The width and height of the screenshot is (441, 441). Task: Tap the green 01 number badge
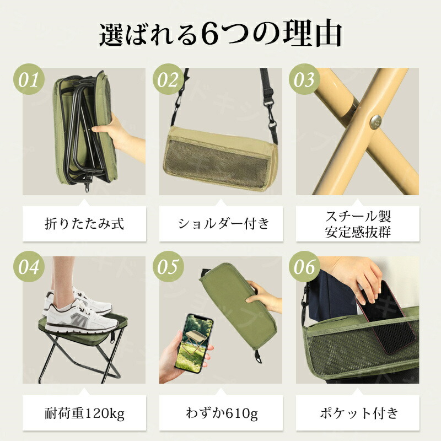pos(29,79)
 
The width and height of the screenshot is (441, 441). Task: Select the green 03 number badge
pos(305,79)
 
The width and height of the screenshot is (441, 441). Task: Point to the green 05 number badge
pos(168,266)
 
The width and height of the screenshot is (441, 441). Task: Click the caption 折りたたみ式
pos(84,224)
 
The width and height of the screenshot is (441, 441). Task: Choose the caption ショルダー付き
pos(224,224)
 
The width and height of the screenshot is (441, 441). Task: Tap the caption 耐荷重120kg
pos(84,413)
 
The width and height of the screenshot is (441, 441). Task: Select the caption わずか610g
pos(222,413)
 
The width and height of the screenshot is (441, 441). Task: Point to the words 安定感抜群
pos(358,232)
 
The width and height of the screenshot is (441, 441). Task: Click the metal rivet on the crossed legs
pos(376,122)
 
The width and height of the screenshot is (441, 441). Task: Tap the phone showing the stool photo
pos(193,343)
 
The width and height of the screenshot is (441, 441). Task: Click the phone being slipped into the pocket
pos(385,318)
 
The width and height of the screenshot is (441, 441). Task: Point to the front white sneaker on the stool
pos(81,317)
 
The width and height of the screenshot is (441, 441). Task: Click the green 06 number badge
pos(305,266)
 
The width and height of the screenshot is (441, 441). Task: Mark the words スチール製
pos(358,217)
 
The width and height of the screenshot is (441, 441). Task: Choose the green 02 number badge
pos(168,79)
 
